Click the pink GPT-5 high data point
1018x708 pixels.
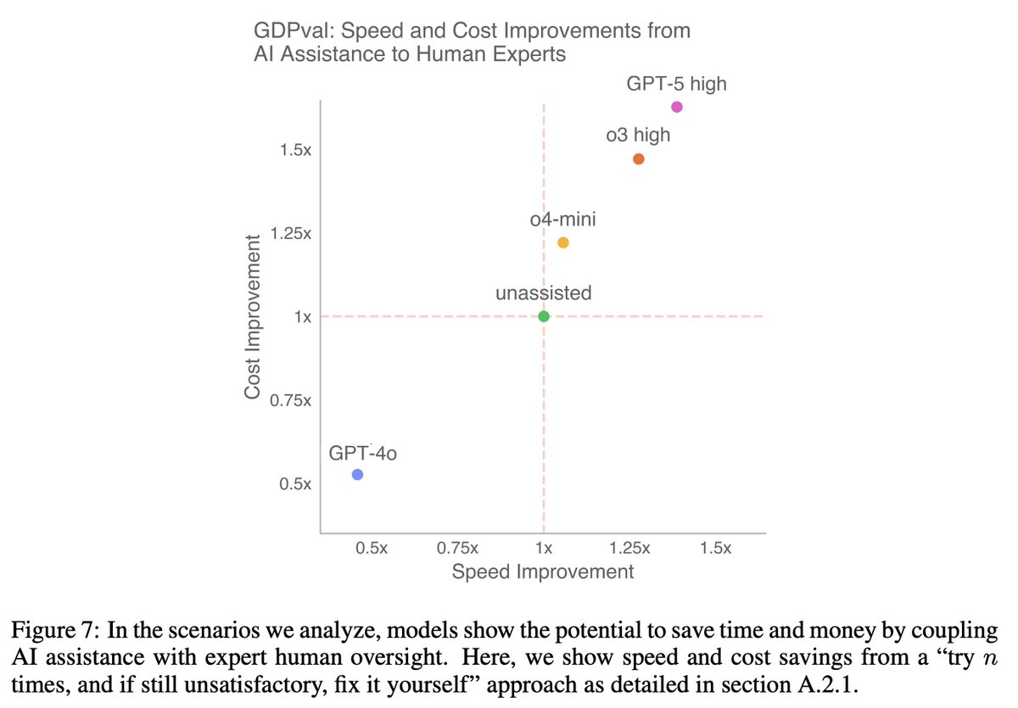[677, 106]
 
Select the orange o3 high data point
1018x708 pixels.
[639, 159]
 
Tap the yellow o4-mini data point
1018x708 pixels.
[563, 243]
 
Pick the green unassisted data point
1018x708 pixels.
[544, 316]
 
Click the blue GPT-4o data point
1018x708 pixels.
[358, 475]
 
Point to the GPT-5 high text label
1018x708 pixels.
[676, 84]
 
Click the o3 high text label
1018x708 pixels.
[638, 135]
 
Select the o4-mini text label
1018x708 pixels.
[562, 220]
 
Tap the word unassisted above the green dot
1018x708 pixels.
[544, 293]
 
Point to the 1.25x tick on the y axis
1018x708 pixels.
[290, 233]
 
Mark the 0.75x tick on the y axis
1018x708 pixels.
[290, 400]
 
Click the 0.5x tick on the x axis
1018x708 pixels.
[372, 548]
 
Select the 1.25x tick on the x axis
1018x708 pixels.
[629, 548]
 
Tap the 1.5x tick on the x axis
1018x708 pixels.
[715, 548]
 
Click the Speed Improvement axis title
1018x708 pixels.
[542, 571]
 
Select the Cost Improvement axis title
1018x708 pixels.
[252, 316]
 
